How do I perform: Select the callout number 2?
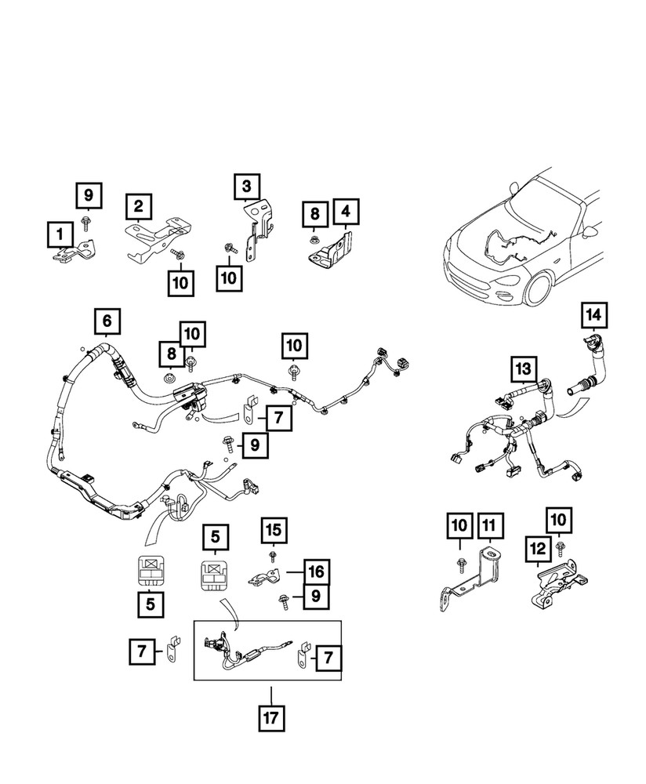pos(138,207)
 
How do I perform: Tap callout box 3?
pos(245,187)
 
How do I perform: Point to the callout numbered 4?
pos(346,212)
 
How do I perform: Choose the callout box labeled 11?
pos(489,526)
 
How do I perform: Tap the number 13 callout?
pos(521,368)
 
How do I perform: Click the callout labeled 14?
pos(593,316)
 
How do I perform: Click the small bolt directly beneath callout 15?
pos(271,555)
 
